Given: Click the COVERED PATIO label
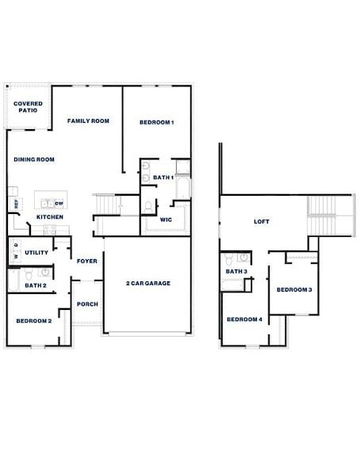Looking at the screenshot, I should click(x=28, y=107).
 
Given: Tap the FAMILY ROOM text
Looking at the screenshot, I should click(x=88, y=120).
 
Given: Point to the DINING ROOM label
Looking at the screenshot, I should click(x=34, y=159).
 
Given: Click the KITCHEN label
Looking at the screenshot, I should click(x=50, y=217).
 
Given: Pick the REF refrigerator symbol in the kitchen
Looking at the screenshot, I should click(x=16, y=204).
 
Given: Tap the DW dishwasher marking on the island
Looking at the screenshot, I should click(x=59, y=204).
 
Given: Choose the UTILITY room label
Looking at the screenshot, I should click(x=36, y=253).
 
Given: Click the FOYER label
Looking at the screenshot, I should click(x=86, y=261).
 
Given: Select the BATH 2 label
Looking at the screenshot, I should click(x=35, y=285).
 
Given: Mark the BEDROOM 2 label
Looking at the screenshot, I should click(x=34, y=320).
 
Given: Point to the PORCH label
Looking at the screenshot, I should click(x=86, y=304).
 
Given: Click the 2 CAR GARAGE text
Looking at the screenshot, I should click(x=148, y=283).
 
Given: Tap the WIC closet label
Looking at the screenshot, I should click(x=167, y=219).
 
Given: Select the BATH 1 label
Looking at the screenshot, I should click(x=163, y=178).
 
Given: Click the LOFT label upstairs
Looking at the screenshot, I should click(x=262, y=222).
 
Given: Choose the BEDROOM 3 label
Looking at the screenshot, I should click(x=293, y=289).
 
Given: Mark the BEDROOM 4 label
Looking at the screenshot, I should click(x=244, y=319).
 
